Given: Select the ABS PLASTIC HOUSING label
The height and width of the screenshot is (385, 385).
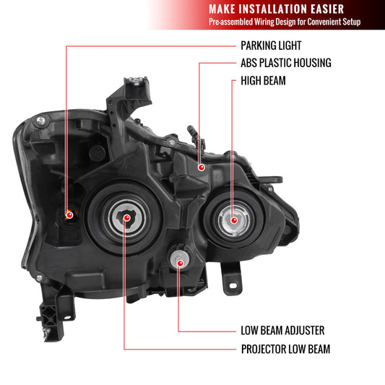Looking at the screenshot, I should pyautogui.click(x=285, y=63).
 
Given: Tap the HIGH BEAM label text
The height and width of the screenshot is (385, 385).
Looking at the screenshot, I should pyautogui.click(x=263, y=81).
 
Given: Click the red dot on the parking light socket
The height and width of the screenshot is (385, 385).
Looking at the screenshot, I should pyautogui.click(x=66, y=214).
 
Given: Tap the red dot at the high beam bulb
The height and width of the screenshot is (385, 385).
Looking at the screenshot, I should pyautogui.click(x=233, y=219).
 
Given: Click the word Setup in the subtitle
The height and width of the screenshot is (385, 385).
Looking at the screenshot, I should pyautogui.click(x=368, y=22).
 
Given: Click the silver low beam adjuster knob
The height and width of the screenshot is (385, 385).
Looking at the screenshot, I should pyautogui.click(x=178, y=260).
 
